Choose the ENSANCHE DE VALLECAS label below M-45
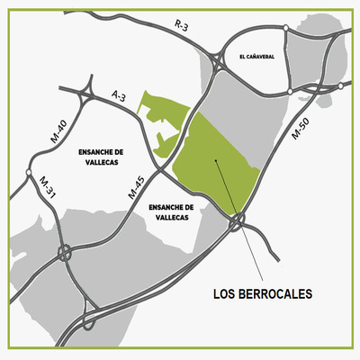170,211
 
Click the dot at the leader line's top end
216,162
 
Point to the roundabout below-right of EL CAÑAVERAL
289,91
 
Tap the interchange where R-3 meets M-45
219,60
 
